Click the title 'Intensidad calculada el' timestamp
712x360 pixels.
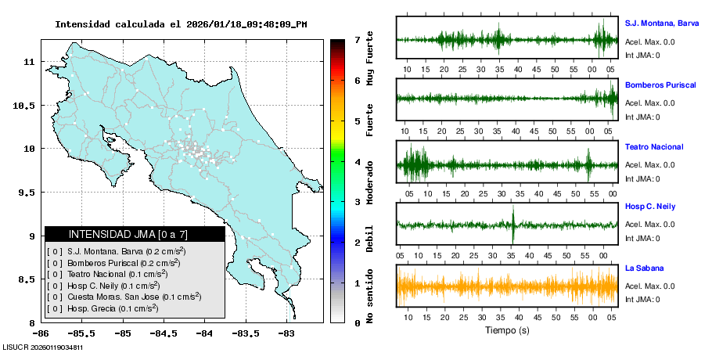click(181, 24)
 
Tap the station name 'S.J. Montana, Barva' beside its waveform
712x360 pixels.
click(661, 23)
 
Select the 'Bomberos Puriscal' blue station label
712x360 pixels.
click(660, 85)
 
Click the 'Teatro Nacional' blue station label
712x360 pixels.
click(654, 147)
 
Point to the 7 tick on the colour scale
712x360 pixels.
click(357, 39)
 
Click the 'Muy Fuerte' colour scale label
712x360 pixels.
click(370, 63)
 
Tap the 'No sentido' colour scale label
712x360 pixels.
click(370, 297)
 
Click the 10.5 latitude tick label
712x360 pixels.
click(27, 105)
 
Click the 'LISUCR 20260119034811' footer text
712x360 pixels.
click(43, 347)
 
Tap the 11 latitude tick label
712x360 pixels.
click(31, 61)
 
